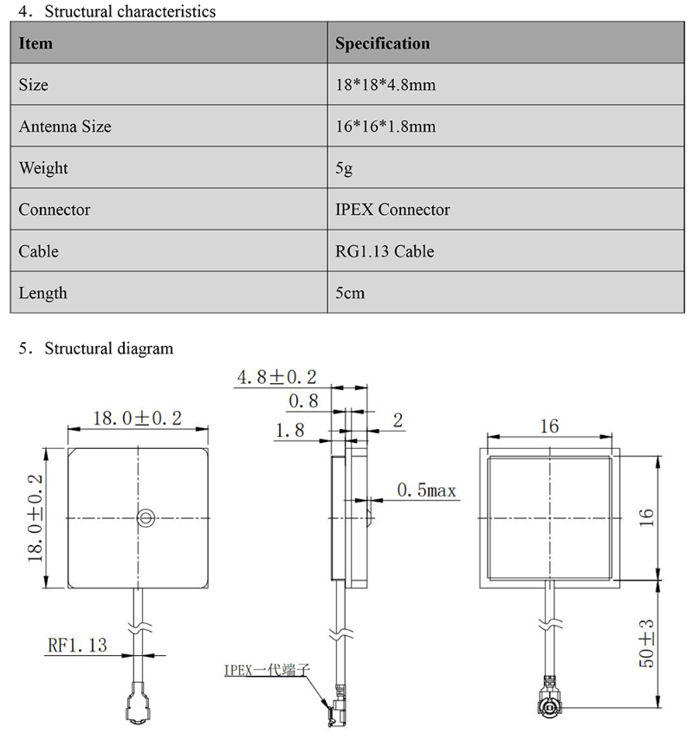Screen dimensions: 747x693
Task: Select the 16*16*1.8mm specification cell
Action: (385, 127)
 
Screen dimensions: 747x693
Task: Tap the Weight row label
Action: (43, 168)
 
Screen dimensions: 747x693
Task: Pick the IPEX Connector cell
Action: (392, 210)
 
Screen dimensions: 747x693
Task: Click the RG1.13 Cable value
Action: (385, 251)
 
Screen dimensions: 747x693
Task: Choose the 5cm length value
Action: (350, 293)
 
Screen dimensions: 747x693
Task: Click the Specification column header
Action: (382, 43)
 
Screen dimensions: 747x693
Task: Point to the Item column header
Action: (36, 43)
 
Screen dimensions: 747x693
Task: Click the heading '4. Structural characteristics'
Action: (117, 12)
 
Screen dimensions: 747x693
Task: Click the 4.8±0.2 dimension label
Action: (276, 377)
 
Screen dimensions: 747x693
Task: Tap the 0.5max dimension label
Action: (426, 490)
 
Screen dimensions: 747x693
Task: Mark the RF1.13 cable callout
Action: (78, 645)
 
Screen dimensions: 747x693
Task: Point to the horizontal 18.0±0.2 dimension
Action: (137, 419)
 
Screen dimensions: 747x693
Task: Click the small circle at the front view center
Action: (145, 518)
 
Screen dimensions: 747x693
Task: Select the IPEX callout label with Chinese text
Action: (266, 670)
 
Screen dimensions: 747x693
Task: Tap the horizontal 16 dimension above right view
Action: (548, 425)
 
